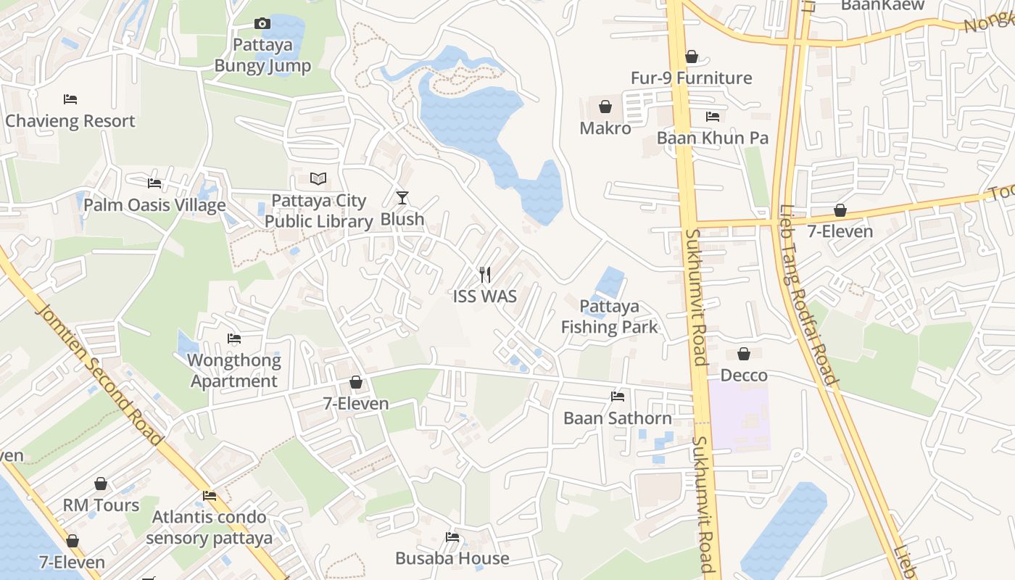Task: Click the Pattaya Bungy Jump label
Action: pos(262,55)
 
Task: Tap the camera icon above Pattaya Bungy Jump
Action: pos(262,24)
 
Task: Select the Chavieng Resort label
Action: pos(70,120)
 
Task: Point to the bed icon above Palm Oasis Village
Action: pos(154,183)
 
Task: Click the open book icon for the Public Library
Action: pos(318,178)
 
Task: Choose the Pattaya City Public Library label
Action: pos(318,211)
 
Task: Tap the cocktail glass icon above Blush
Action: pos(402,197)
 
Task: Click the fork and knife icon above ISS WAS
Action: pos(485,275)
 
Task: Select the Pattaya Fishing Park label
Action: pos(610,317)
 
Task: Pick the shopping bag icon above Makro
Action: pos(605,107)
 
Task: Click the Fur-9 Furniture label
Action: pos(691,78)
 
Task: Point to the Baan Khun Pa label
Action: pos(713,138)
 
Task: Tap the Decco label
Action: pos(744,375)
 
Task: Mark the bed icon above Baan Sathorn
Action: pos(618,397)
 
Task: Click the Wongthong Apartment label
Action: pos(234,370)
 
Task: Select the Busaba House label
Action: pos(452,558)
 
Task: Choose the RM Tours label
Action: pos(101,505)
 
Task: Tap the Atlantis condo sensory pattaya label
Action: pos(210,528)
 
